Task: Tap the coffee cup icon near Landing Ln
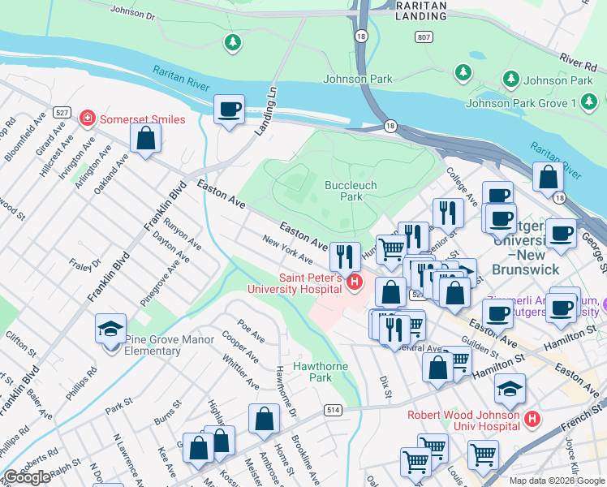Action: pyautogui.click(x=230, y=109)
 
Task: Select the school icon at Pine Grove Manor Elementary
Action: pyautogui.click(x=110, y=330)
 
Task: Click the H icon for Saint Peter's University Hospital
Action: pyautogui.click(x=354, y=282)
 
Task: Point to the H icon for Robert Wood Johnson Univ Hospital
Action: pyautogui.click(x=532, y=420)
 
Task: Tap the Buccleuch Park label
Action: pyautogui.click(x=351, y=191)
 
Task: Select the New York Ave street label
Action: pyautogui.click(x=287, y=250)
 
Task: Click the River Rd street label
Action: pyautogui.click(x=579, y=58)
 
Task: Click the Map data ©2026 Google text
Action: pyautogui.click(x=557, y=481)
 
